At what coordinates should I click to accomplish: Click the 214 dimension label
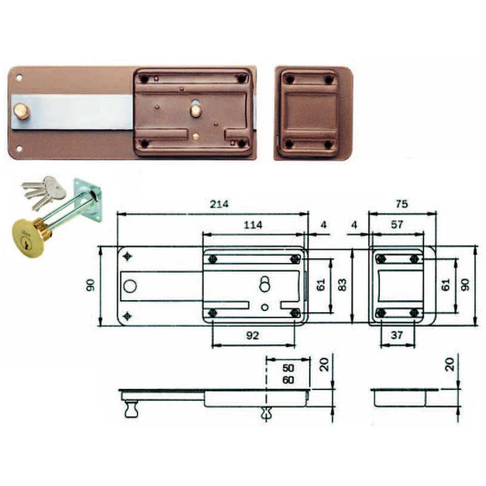coord(219,204)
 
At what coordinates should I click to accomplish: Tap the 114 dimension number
coord(253,225)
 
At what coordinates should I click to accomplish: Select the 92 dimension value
coord(252,335)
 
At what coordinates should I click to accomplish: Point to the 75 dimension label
coord(402,204)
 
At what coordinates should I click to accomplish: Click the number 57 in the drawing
coord(397,224)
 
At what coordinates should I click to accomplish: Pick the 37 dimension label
coord(397,335)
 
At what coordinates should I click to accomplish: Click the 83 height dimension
coord(342,284)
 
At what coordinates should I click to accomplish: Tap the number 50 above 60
coord(288,368)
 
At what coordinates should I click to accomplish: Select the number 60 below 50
coord(288,380)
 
